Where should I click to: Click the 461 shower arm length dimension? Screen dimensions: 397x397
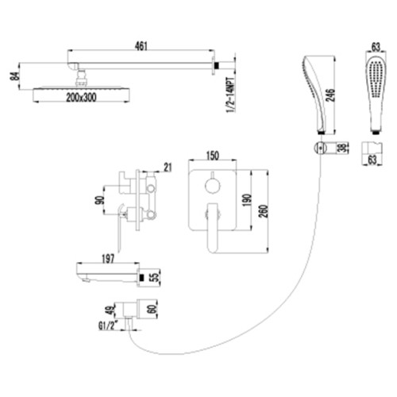[141, 46]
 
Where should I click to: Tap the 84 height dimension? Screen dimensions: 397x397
[16, 76]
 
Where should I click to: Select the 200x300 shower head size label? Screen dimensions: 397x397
[81, 98]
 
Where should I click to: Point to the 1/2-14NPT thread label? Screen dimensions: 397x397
[230, 94]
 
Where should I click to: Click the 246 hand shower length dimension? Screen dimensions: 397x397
[331, 95]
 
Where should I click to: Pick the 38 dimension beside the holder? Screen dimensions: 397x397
[344, 148]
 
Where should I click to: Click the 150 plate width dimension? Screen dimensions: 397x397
[212, 156]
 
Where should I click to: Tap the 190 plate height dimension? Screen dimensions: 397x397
[246, 200]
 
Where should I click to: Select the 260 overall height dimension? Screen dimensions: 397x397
[264, 211]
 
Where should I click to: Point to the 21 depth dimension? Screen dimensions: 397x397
[168, 168]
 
